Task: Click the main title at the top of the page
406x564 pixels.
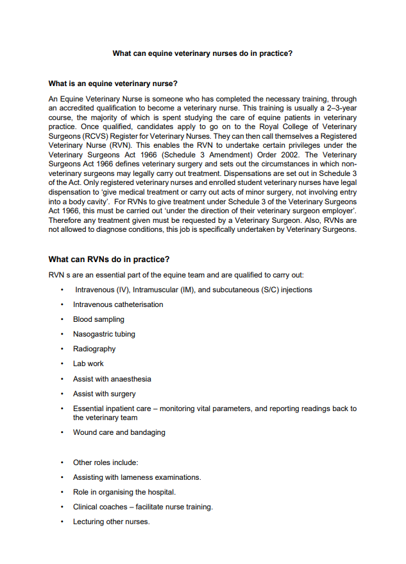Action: (x=203, y=53)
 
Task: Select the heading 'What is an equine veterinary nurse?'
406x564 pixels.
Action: (x=113, y=84)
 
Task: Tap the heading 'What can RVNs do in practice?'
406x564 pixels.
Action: (x=109, y=260)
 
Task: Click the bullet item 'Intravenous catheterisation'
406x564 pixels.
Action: (x=118, y=304)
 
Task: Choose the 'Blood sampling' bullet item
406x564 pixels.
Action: (x=99, y=319)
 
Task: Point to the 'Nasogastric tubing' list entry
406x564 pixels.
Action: (x=104, y=334)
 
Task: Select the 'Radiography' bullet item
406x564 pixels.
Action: (x=94, y=349)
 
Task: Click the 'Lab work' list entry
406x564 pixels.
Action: (x=89, y=364)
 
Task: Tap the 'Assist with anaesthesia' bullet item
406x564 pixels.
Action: (x=112, y=379)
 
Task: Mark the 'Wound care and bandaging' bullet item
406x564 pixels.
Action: (x=119, y=432)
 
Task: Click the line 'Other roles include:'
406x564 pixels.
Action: (x=106, y=463)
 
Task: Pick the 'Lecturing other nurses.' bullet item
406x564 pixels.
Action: (x=112, y=522)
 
